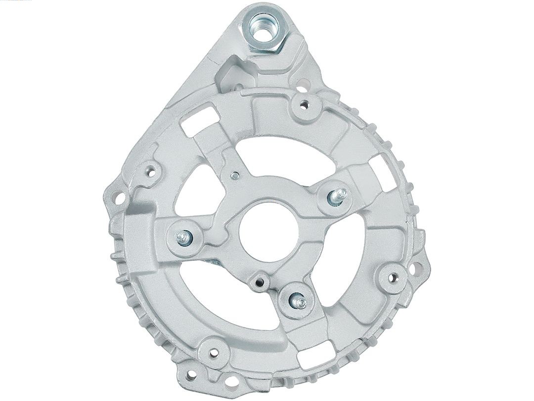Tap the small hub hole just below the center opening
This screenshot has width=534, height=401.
click(x=258, y=282)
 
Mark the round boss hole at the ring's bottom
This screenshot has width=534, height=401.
click(x=214, y=352)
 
